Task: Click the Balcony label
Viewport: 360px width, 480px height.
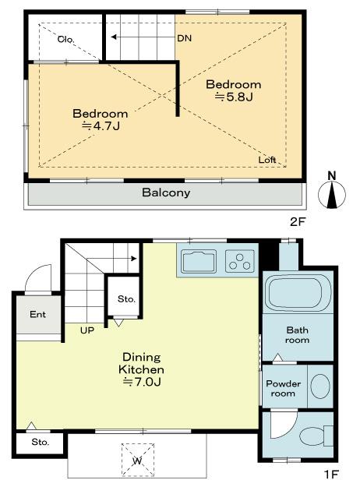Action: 165,192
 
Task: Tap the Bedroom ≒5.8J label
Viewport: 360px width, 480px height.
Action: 233,90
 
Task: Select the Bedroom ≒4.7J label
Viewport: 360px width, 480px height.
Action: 100,119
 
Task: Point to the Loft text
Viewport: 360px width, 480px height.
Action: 267,160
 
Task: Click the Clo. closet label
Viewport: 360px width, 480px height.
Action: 66,37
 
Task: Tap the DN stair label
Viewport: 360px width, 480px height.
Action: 184,37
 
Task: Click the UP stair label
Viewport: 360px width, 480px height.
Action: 88,330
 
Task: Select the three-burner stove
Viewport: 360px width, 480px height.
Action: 241,262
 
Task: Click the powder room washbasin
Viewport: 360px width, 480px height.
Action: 319,386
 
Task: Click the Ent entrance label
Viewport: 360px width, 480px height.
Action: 37,316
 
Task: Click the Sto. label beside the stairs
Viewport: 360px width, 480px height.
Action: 125,299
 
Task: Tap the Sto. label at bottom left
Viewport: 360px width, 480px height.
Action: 41,442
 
